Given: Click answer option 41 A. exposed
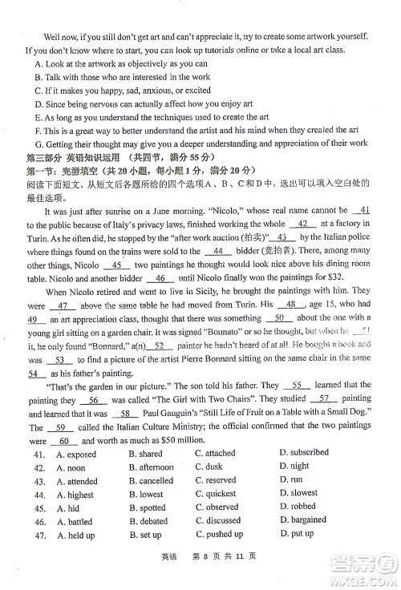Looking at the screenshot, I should click(x=76, y=454).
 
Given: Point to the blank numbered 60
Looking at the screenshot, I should click(x=63, y=442).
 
